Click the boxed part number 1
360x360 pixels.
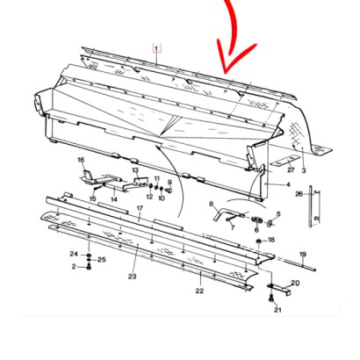tap(156, 48)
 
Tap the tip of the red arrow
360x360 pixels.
tap(225, 73)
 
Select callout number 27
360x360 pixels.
tap(291, 170)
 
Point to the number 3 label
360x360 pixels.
tap(304, 170)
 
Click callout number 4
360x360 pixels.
tap(288, 184)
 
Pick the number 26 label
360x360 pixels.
tap(299, 194)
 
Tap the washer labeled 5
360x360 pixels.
tap(270, 224)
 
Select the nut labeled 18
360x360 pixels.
tap(259, 241)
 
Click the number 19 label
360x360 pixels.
tap(303, 254)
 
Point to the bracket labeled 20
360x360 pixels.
tap(280, 287)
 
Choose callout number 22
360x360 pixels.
tap(199, 291)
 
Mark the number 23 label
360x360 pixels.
tap(133, 277)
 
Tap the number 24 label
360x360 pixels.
tap(74, 254)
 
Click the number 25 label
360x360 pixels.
tap(102, 260)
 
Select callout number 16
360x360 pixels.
tap(81, 160)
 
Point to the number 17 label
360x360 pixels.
tap(140, 208)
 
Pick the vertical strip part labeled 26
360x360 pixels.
tap(310, 206)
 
